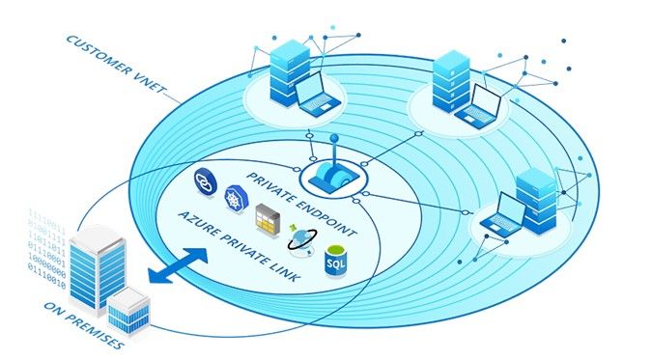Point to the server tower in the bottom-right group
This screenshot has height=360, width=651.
[535, 198]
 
